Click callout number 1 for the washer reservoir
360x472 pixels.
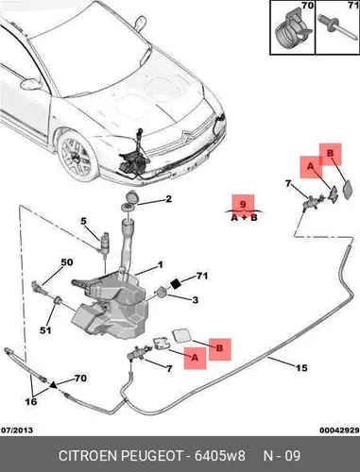161,265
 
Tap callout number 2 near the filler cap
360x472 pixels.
169,199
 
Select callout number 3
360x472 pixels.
196,300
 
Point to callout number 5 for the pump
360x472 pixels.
83,221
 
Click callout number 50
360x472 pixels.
66,262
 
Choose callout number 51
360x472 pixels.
45,330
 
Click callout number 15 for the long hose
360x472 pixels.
301,367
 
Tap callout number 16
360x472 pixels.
31,401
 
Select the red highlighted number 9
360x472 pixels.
243,204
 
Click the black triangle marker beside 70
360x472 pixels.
54,384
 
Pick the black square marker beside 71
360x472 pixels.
175,283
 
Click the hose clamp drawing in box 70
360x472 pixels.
292,32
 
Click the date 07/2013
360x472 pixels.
17,430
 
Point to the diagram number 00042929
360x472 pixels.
339,430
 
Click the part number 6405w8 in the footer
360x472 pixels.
219,456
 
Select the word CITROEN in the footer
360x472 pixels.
89,456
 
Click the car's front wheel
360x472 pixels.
77,157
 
